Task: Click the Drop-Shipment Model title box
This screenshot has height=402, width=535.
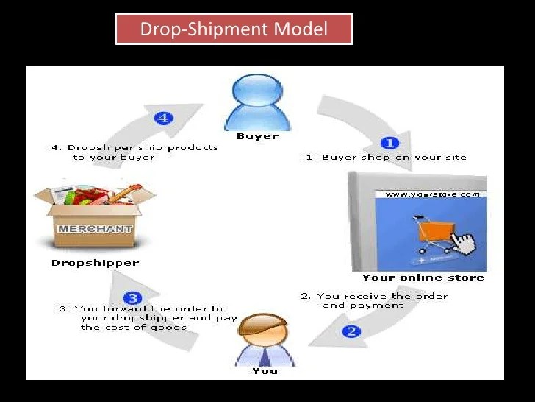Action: click(234, 29)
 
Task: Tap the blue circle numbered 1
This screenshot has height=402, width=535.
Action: click(389, 143)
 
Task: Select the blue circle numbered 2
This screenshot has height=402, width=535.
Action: click(351, 331)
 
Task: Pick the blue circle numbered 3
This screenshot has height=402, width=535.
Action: click(132, 298)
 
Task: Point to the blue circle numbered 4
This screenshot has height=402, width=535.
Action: click(163, 117)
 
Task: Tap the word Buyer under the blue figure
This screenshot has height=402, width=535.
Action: click(257, 136)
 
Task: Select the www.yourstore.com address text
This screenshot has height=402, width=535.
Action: click(432, 195)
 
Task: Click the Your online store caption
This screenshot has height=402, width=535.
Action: click(423, 278)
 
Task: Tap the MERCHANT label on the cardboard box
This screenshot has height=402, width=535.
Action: click(95, 228)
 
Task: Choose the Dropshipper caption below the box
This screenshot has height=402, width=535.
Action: click(95, 262)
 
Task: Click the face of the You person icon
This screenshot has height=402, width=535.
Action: click(263, 334)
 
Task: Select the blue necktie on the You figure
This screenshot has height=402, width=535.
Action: click(265, 359)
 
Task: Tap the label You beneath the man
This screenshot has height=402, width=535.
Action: click(265, 371)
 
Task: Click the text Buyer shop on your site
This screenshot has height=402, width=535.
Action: click(387, 158)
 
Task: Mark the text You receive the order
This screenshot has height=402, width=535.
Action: click(375, 296)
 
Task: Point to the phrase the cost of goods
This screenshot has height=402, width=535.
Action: click(133, 327)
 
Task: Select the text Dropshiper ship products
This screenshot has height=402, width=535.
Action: click(135, 147)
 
